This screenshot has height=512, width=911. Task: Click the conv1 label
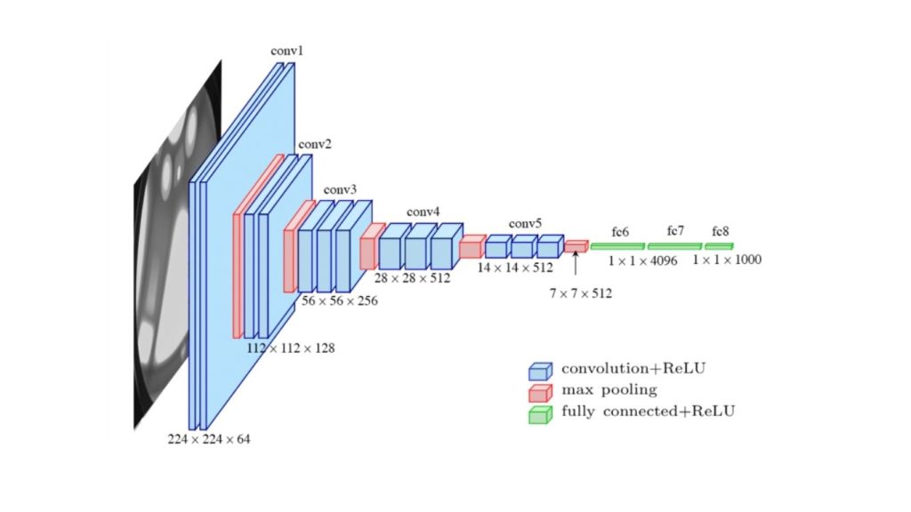287,52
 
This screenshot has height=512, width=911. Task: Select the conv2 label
314,144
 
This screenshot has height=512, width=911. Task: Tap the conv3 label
340,190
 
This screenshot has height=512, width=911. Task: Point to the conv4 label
423,212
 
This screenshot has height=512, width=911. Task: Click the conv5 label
525,223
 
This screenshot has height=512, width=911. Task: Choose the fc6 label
620,233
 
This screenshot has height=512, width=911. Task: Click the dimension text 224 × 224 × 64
209,439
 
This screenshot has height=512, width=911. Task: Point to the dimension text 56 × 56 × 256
340,301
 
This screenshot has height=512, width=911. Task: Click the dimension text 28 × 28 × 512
412,278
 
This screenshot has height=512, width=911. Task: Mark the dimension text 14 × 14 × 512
515,267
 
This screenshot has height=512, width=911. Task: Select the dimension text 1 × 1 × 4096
643,260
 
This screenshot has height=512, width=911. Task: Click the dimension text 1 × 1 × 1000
727,260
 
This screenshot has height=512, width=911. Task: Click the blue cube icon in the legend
539,369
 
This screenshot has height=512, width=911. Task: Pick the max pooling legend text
609,389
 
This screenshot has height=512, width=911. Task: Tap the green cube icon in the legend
539,412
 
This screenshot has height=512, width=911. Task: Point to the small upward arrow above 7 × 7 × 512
576,262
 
